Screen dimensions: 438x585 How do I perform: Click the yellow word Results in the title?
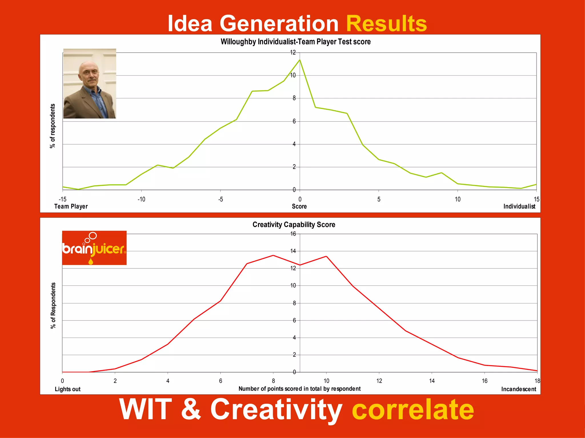coord(386,24)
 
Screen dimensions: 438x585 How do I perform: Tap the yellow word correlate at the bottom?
coord(413,409)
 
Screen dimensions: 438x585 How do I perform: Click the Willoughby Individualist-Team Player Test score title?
coord(295,42)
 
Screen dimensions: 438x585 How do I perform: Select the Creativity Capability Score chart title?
coord(294,225)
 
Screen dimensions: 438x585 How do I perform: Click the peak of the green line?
coord(300,60)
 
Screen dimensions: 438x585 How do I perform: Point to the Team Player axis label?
coord(71,206)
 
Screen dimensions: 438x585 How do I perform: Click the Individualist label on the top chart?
coord(519,206)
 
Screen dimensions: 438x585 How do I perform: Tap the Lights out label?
coord(67,389)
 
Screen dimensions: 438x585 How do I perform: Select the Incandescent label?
coord(518,389)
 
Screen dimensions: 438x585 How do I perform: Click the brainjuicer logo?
coord(94,248)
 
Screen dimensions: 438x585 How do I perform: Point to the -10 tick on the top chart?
coord(141,199)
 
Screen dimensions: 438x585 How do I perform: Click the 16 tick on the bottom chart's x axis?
coord(484,381)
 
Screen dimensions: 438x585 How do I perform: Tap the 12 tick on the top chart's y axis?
coord(293,52)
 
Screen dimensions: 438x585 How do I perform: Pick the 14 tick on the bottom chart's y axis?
coord(293,251)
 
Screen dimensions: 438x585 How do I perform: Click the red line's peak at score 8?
coord(273,255)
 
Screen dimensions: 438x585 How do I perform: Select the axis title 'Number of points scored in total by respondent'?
coord(299,389)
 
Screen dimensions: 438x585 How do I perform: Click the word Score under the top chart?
coord(299,206)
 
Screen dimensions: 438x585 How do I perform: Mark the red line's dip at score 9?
coord(300,265)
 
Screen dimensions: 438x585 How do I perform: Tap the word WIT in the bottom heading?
coord(145,409)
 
